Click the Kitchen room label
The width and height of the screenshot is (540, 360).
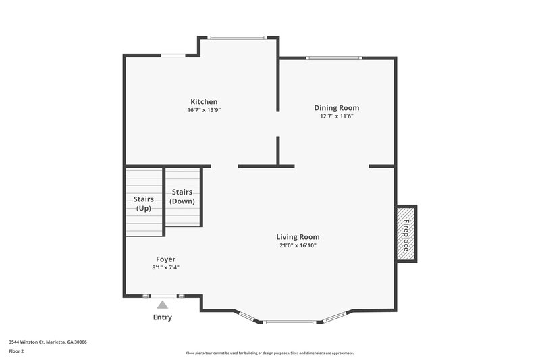(203, 102)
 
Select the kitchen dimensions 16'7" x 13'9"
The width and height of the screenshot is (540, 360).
(203, 110)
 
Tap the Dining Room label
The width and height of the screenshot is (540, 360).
(336, 107)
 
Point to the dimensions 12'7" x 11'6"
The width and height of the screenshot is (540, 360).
(336, 116)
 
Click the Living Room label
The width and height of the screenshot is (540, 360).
(297, 237)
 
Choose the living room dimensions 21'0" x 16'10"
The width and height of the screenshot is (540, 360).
(297, 245)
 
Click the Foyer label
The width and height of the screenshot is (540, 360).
(165, 259)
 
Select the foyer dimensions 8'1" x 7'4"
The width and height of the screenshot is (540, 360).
(165, 267)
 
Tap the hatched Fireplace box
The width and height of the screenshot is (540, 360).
(406, 234)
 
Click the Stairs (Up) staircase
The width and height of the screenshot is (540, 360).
(143, 203)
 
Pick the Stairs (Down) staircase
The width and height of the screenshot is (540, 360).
(183, 197)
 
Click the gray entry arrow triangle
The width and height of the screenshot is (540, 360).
(163, 305)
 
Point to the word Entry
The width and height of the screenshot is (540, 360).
(163, 317)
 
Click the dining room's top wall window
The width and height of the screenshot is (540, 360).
(334, 58)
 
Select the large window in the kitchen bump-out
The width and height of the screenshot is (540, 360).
(238, 37)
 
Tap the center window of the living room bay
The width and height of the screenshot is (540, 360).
(290, 322)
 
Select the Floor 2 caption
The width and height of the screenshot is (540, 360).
(16, 351)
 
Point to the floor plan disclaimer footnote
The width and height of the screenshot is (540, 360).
(270, 353)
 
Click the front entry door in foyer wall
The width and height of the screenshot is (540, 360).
(163, 296)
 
